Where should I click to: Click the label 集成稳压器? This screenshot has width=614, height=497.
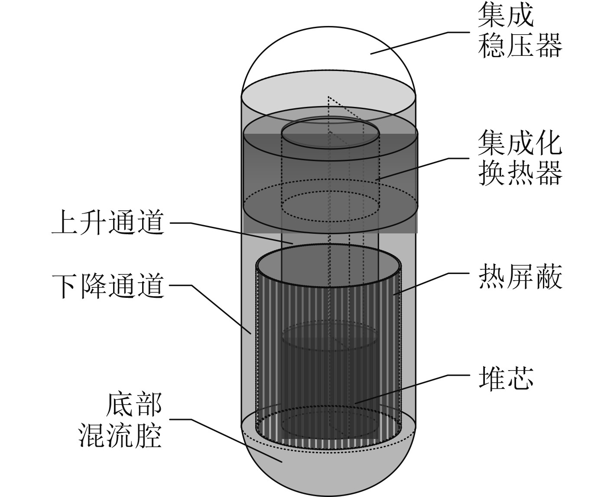(x=520, y=33)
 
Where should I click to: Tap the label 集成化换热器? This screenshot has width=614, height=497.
(x=520, y=158)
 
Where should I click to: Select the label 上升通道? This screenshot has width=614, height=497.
(x=108, y=223)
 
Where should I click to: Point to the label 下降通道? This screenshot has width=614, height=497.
(x=108, y=286)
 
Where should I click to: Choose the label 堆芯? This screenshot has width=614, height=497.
(x=505, y=378)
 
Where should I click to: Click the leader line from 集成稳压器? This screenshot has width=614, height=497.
(x=416, y=42)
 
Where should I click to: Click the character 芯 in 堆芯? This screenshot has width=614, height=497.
(x=520, y=378)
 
